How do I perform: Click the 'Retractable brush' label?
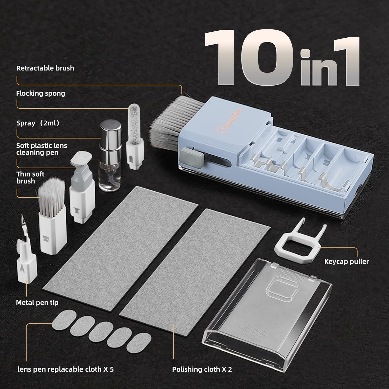[45, 68]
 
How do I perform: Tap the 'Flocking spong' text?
[40, 93]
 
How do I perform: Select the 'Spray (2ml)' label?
[38, 123]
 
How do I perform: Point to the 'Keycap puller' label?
[346, 261]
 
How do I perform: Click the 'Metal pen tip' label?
[37, 303]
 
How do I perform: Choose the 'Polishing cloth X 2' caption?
[202, 369]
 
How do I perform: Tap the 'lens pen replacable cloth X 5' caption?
[65, 369]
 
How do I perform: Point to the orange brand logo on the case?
[229, 119]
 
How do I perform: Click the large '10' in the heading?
[249, 57]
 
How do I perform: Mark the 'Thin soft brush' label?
[30, 177]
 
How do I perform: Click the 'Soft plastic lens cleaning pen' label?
[41, 149]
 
